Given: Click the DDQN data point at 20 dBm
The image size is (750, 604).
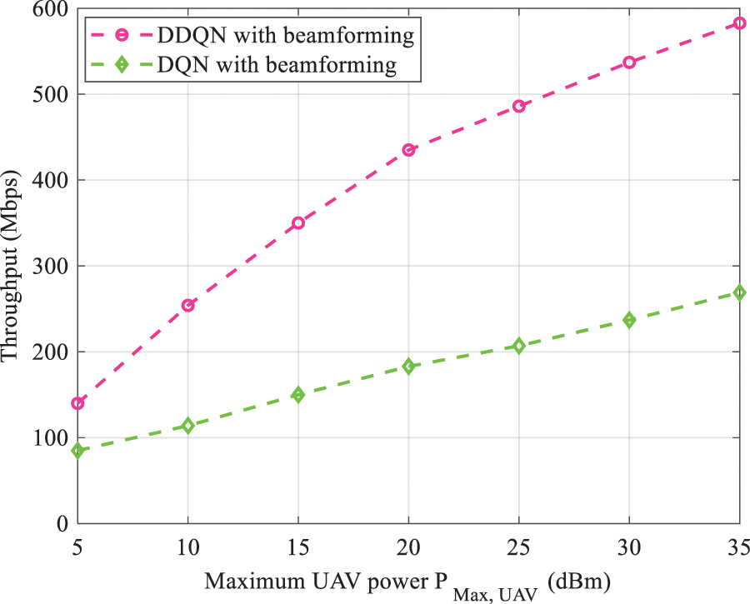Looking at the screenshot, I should (408, 150).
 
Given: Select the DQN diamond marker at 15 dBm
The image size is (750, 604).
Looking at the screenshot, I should (298, 394).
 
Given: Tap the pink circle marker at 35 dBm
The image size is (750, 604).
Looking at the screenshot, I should (740, 23).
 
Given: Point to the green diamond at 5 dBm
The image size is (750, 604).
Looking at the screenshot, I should (77, 451).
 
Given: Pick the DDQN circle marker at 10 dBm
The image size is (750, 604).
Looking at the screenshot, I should (188, 305).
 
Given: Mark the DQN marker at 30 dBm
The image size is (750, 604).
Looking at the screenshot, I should (629, 319).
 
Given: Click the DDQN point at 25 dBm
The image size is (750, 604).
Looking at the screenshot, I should (518, 107).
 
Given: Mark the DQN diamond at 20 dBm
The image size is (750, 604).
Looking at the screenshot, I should (408, 366).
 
